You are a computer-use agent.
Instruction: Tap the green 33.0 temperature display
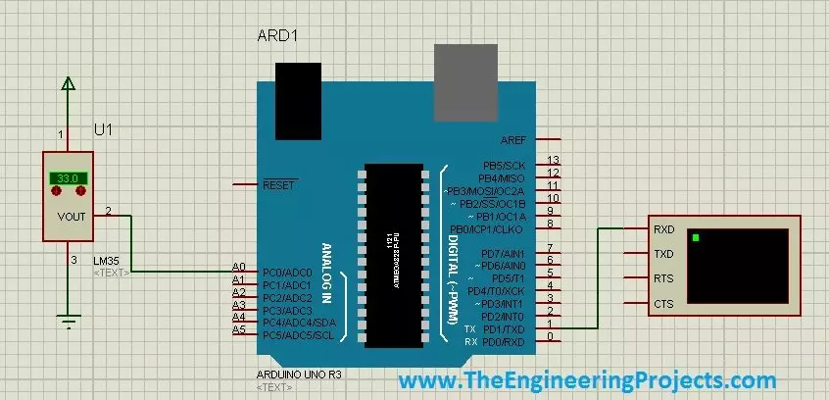click(x=68, y=179)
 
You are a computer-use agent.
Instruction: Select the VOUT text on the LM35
click(x=73, y=218)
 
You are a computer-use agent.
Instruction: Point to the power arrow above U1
click(x=68, y=86)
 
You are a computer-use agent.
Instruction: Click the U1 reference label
click(x=103, y=129)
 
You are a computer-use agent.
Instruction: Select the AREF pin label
click(x=512, y=140)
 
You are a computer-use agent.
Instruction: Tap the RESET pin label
click(x=279, y=183)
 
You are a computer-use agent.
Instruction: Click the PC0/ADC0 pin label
click(x=287, y=272)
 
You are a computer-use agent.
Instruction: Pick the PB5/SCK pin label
click(x=504, y=166)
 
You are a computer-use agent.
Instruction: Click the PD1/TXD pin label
click(x=507, y=328)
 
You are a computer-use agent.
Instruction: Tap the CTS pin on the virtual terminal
click(x=662, y=304)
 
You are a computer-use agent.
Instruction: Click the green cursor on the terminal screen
click(x=697, y=238)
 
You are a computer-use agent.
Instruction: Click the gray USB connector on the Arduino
click(x=464, y=81)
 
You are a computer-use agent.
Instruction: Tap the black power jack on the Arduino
click(x=298, y=102)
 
